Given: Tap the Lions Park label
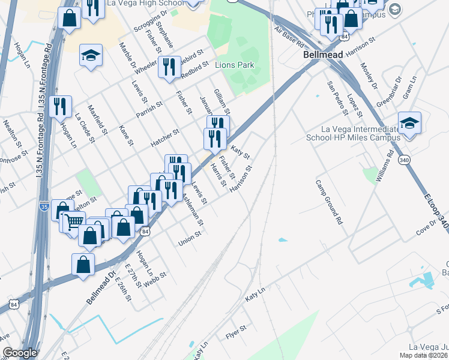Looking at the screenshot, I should pos(235,65).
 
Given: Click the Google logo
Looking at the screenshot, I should pos(20,353).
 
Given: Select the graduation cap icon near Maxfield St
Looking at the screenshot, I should pos(91,56).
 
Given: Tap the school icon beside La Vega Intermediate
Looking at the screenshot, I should pos(409,124).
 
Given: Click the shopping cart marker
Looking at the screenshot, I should pos(74,222).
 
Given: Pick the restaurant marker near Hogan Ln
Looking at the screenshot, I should pos(59,107).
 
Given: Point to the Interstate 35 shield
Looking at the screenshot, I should pos(44,206).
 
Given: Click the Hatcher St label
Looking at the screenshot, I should pos(165,139).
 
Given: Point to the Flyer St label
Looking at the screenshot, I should pos(235,332).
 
